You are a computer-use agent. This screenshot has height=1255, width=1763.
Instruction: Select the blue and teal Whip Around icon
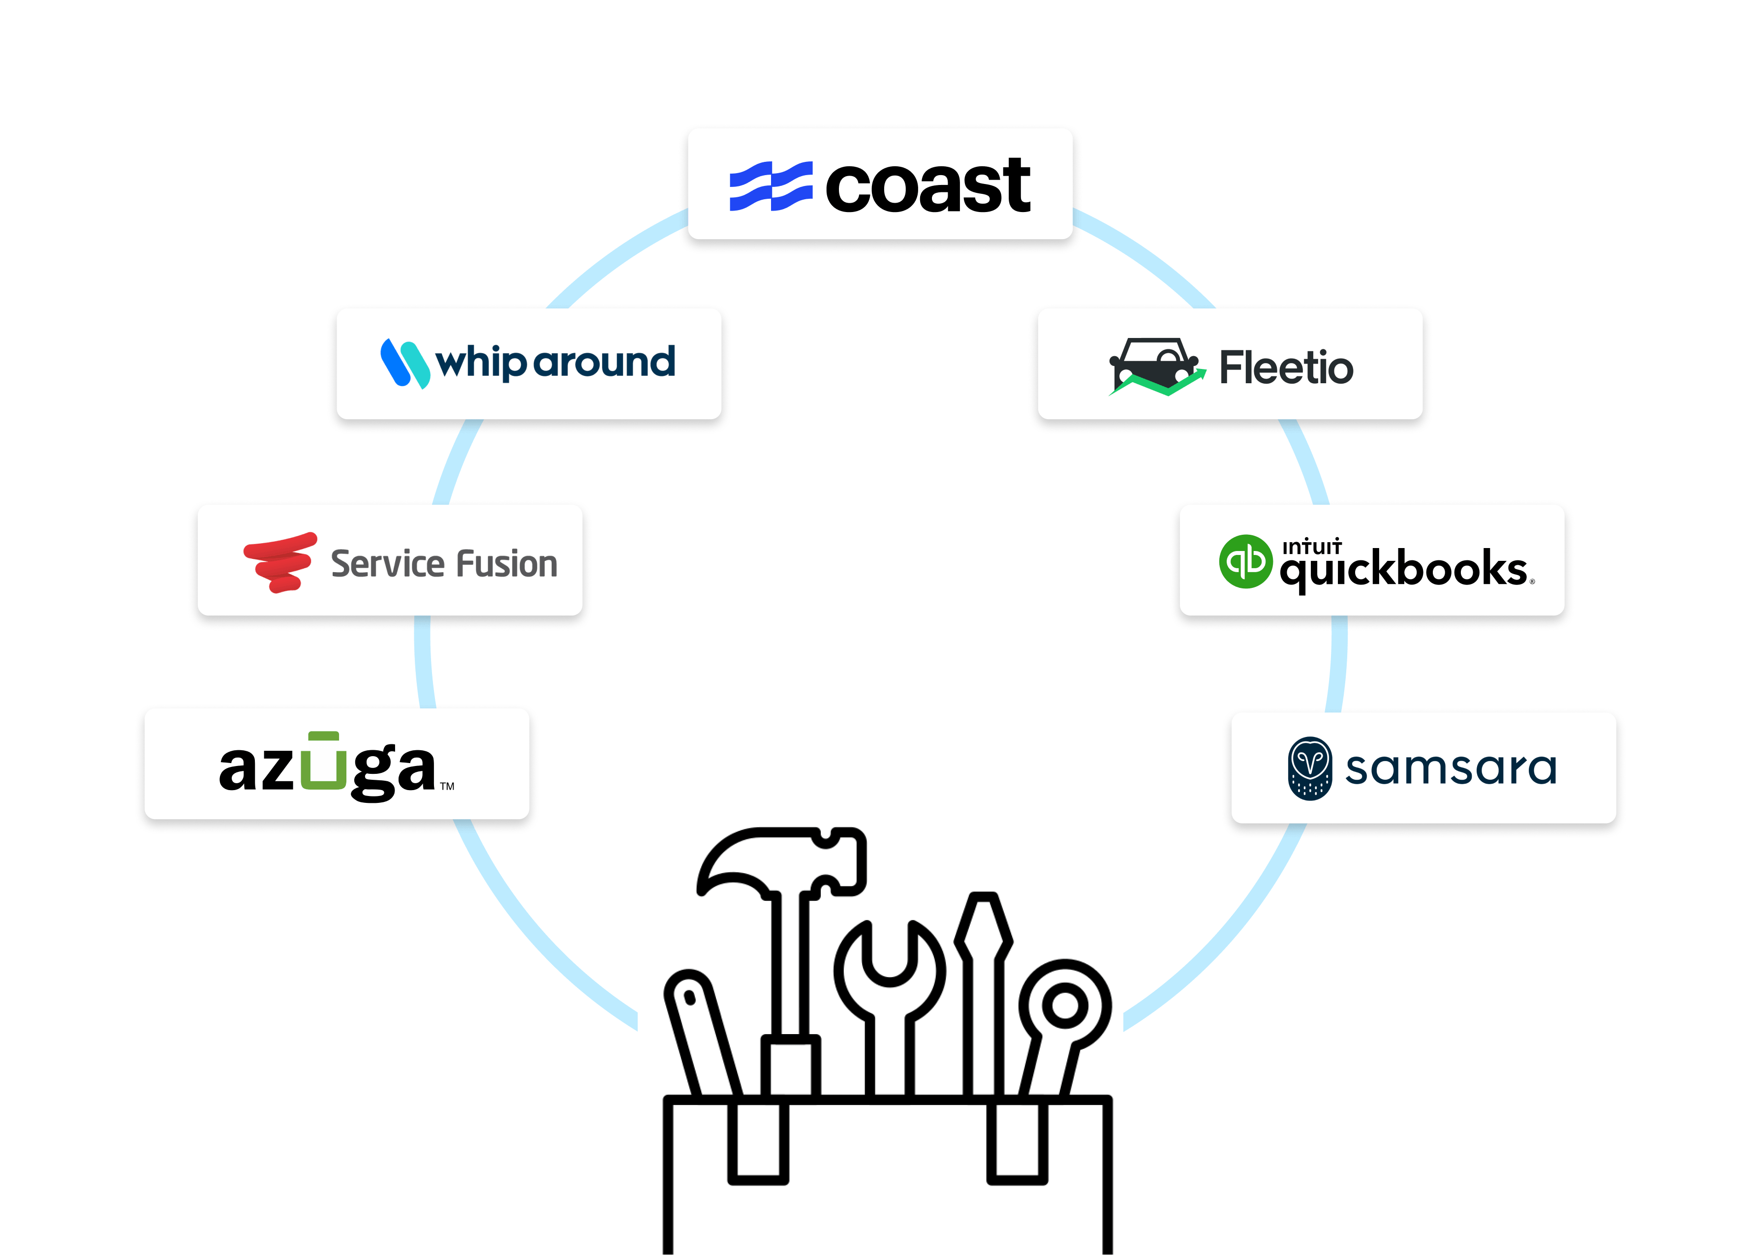405,363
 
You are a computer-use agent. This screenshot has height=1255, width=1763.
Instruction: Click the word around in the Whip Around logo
604,362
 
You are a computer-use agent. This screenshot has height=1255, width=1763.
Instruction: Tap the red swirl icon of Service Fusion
280,562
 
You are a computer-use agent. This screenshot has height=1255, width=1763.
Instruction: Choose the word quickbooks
1403,570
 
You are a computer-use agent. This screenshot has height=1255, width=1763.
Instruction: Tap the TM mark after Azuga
447,786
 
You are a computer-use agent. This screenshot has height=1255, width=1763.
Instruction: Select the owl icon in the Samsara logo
1309,767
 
